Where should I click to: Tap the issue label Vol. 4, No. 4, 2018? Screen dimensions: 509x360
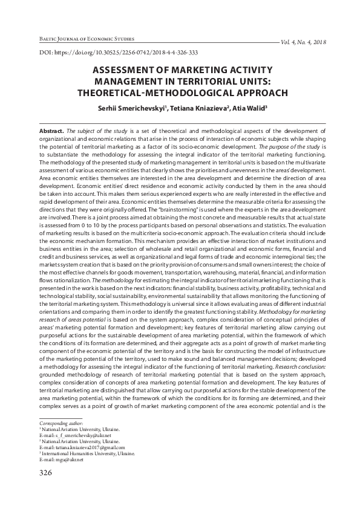tap(303, 42)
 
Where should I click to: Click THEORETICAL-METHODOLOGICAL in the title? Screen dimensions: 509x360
tap(149, 93)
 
